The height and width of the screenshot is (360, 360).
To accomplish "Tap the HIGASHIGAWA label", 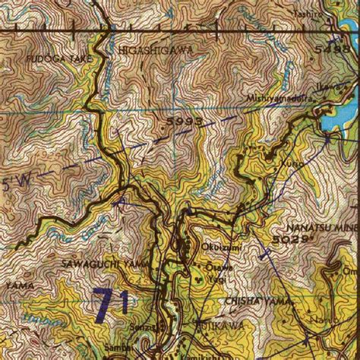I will (x=156, y=49).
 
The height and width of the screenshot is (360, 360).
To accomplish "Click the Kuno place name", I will (x=295, y=163).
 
